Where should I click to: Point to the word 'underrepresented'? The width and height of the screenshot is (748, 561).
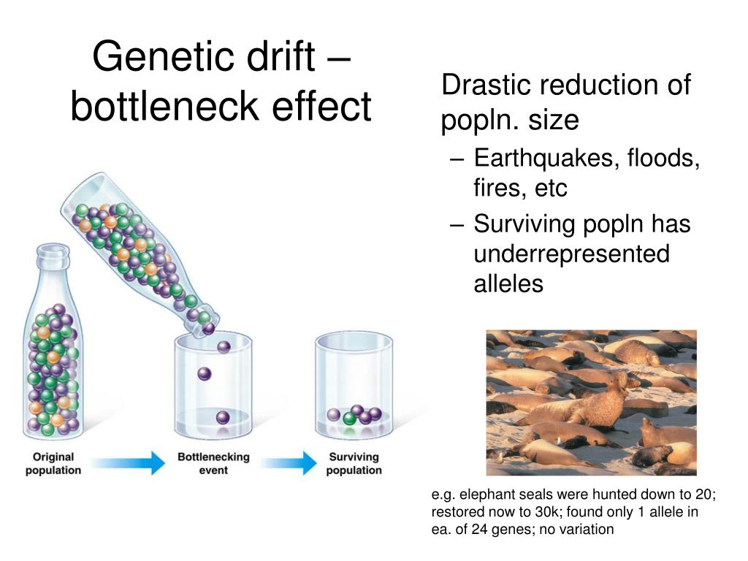(571, 253)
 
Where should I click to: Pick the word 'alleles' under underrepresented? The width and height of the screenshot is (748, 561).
(508, 284)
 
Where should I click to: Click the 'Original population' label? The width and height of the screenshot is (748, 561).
(53, 463)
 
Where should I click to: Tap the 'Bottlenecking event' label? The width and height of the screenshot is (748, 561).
(213, 463)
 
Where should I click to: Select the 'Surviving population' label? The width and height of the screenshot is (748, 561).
(354, 463)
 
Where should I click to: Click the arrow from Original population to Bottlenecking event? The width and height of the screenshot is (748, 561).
(129, 462)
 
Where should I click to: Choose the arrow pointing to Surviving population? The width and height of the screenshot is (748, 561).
(289, 462)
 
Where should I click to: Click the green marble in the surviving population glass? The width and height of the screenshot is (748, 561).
(350, 419)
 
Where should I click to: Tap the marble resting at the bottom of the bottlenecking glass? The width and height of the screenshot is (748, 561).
(223, 418)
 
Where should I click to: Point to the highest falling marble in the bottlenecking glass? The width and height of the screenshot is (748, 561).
(224, 347)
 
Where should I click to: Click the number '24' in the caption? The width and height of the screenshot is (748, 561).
(479, 529)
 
